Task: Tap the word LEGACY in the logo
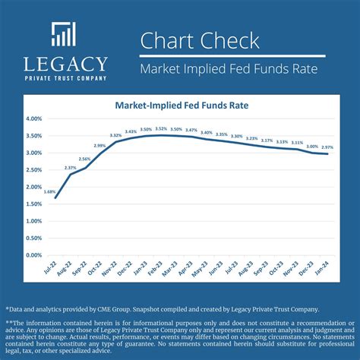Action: point(65,64)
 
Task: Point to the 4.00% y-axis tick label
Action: point(33,119)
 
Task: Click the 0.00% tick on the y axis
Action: point(33,255)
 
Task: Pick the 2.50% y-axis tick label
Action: point(33,170)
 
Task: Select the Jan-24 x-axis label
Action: point(324,272)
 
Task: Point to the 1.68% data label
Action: point(49,191)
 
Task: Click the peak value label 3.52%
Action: point(161,129)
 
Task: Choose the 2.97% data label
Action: point(327,147)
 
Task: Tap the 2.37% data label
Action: point(70,168)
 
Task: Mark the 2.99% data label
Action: point(99,145)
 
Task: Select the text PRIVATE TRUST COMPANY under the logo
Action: point(65,77)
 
